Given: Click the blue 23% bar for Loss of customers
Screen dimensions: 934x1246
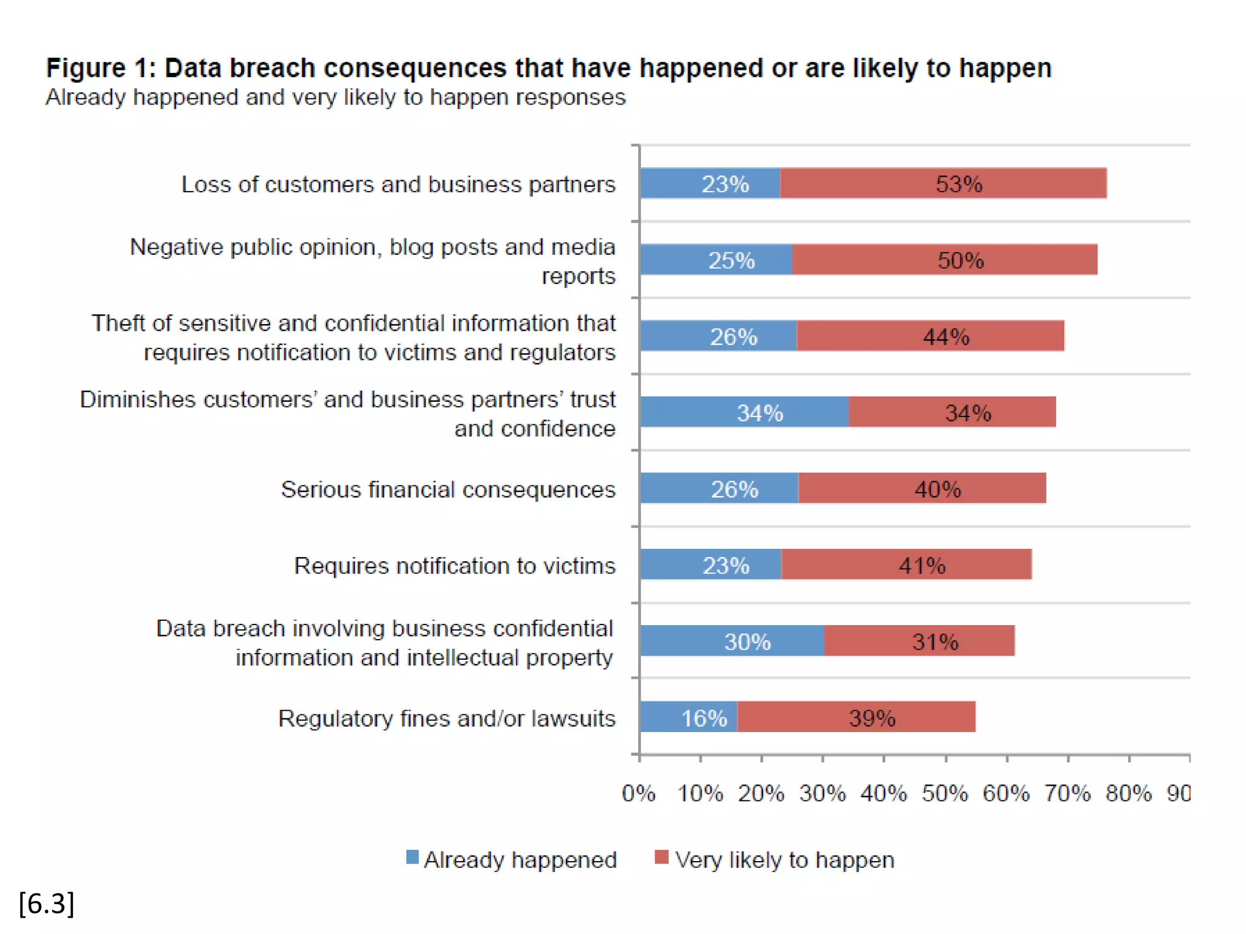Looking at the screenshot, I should point(710,183).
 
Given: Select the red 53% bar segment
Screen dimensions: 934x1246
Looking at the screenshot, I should point(943,183).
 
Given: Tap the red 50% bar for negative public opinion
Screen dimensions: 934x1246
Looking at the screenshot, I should point(945,260).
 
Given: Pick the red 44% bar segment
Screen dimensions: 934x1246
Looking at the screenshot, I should point(930,336).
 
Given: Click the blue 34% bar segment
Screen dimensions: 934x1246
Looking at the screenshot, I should point(744,412).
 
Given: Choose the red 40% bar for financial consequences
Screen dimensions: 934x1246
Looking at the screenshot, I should point(922,488).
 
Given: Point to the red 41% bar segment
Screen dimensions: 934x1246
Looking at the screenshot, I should point(907,565).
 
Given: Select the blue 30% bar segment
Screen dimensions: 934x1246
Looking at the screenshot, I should point(732,641).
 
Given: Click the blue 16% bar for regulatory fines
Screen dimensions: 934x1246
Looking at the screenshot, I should point(688,717).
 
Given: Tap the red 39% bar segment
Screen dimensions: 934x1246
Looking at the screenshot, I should point(856,717).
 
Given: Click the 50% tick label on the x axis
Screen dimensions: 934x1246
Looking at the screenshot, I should point(945,794).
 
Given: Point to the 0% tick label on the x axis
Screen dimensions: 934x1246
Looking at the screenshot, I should point(639,794).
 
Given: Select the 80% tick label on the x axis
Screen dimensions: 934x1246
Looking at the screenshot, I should point(1129,794).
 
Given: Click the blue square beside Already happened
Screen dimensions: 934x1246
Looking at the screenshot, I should point(412,857).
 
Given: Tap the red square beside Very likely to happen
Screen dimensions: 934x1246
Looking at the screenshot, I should point(661,857).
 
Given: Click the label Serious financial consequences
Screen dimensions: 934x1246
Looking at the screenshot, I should point(448,489).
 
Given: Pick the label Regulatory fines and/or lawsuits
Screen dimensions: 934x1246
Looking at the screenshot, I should point(447,718).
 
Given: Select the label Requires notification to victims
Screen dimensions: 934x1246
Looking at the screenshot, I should point(455,566).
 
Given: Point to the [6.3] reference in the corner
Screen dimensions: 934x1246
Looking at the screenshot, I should point(47,904).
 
